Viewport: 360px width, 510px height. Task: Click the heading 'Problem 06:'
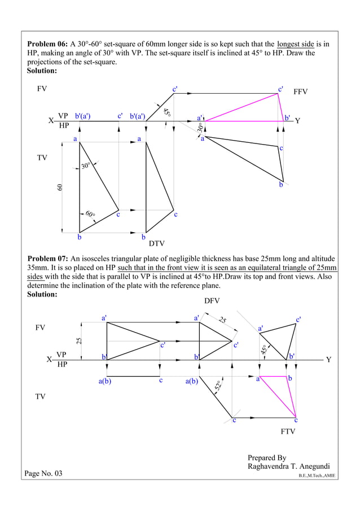(x=48, y=44)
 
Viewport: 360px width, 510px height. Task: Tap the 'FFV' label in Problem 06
(x=301, y=91)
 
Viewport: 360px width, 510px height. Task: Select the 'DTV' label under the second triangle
(x=156, y=245)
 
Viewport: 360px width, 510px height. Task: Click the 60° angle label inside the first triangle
(x=90, y=215)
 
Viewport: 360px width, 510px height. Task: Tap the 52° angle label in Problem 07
(x=218, y=387)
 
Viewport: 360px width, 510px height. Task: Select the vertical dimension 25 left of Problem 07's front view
(x=80, y=341)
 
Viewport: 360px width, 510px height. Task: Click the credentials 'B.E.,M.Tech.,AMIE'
(x=317, y=476)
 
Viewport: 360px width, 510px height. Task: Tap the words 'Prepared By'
(x=267, y=457)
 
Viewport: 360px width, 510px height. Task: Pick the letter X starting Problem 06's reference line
(x=51, y=121)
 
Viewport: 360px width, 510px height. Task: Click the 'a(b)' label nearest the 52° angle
(x=192, y=382)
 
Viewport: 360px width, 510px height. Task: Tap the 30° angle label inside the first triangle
(x=86, y=166)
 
